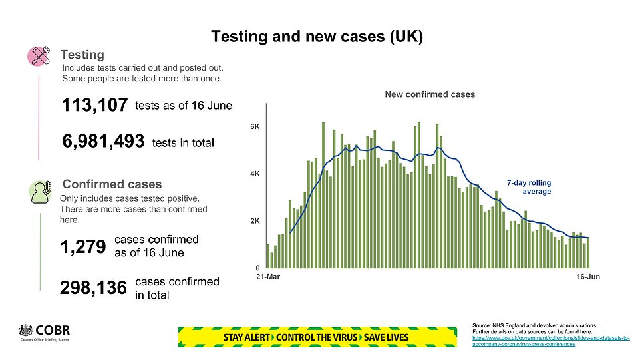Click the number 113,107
(x=94, y=106)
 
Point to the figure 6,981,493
(x=103, y=142)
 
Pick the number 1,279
(x=82, y=247)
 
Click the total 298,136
(x=93, y=287)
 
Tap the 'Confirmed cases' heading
(x=111, y=184)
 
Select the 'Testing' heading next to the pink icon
(x=82, y=54)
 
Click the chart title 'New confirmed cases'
(x=430, y=94)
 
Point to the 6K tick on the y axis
(x=254, y=126)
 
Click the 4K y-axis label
(x=254, y=174)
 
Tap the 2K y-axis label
(x=254, y=221)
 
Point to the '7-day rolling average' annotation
(x=529, y=187)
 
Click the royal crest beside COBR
(x=26, y=331)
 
